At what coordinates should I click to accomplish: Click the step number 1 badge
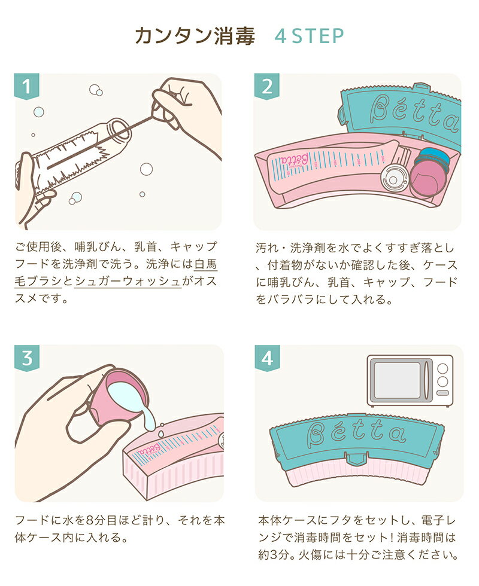point(26,86)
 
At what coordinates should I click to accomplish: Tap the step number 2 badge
point(267,86)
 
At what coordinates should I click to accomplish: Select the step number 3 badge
point(26,358)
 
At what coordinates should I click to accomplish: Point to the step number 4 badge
point(267,358)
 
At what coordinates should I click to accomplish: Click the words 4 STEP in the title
point(309,36)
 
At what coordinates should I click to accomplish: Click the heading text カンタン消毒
point(195,36)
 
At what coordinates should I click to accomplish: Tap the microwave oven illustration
point(410,380)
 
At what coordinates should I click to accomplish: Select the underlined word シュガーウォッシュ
point(128,281)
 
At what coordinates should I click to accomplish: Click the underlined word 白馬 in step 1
point(206,264)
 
